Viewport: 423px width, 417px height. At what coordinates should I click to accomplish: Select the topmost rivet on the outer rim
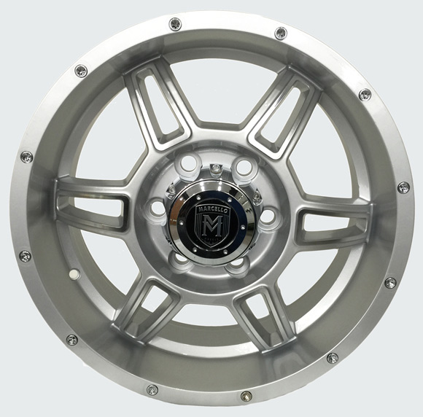pyautogui.click(x=175, y=23)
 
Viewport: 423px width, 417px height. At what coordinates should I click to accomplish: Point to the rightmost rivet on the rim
pyautogui.click(x=403, y=188)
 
